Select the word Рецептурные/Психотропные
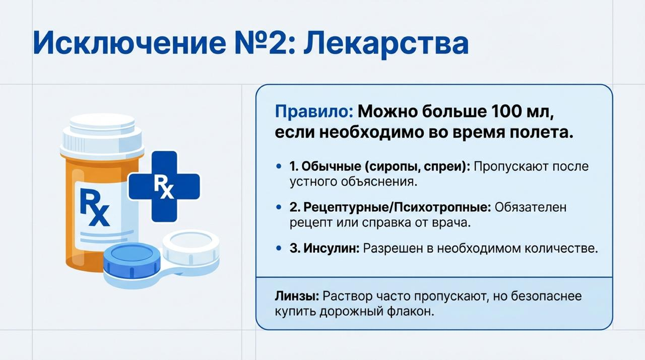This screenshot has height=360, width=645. (390, 207)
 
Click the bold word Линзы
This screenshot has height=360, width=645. (296, 296)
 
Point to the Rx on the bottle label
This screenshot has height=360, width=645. (94, 207)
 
